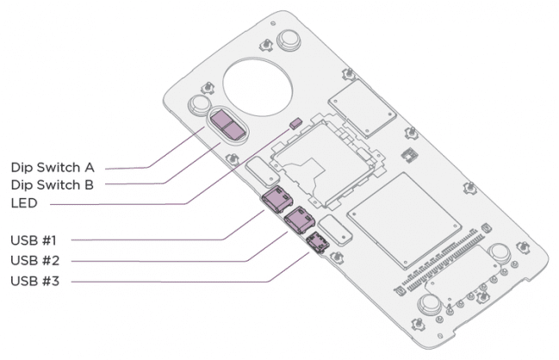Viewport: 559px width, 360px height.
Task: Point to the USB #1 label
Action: tap(35, 239)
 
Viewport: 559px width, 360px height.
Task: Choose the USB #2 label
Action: tap(35, 259)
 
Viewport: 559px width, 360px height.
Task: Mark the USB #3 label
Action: tap(35, 281)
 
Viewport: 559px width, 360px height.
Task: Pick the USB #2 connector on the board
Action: tap(299, 221)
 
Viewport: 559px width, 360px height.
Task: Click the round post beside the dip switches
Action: tap(200, 105)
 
